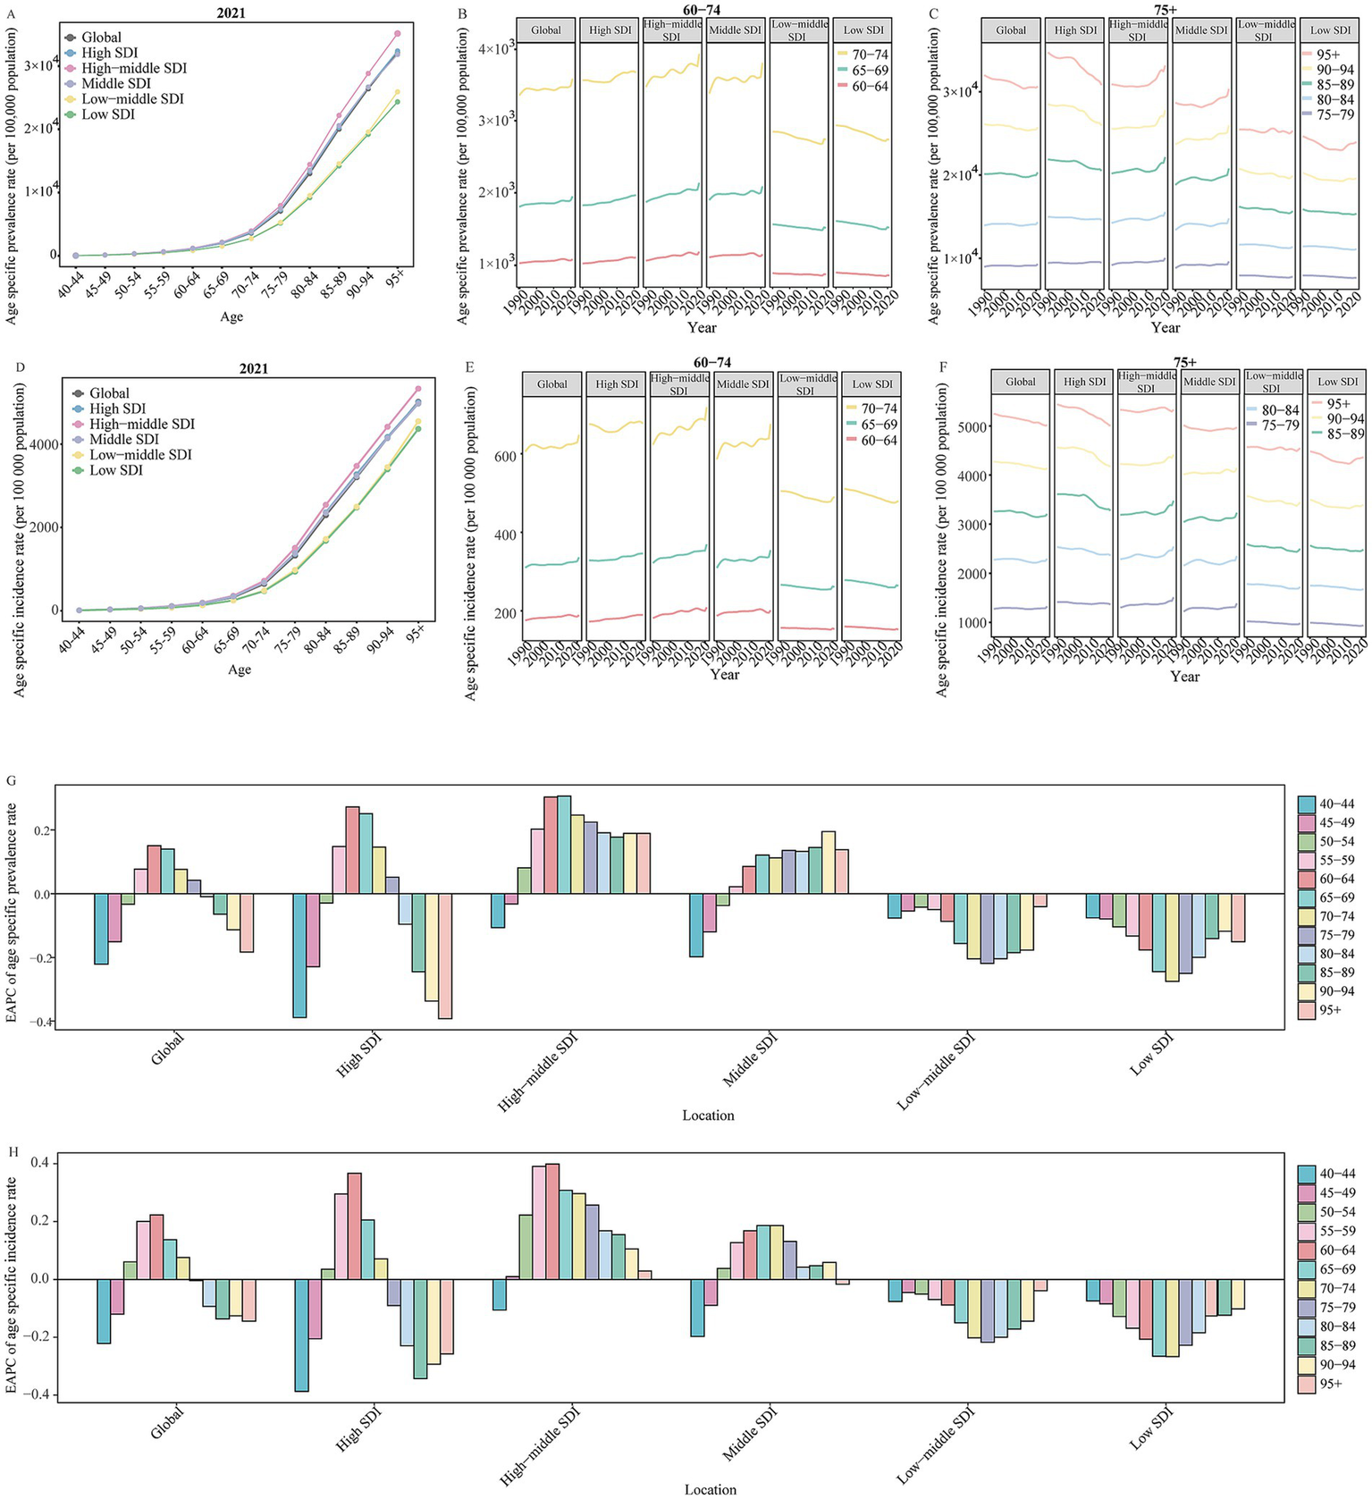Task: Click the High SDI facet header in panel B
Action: [x=610, y=30]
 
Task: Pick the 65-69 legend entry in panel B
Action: [x=869, y=71]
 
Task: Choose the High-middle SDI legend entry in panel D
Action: [x=141, y=425]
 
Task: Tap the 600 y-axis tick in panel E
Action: [x=505, y=457]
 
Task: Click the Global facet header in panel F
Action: [x=1020, y=382]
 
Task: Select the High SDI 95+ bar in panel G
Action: [x=444, y=956]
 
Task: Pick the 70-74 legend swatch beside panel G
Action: [x=1307, y=917]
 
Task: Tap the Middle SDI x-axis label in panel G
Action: [x=749, y=1058]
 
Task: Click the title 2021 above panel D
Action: [x=254, y=369]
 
